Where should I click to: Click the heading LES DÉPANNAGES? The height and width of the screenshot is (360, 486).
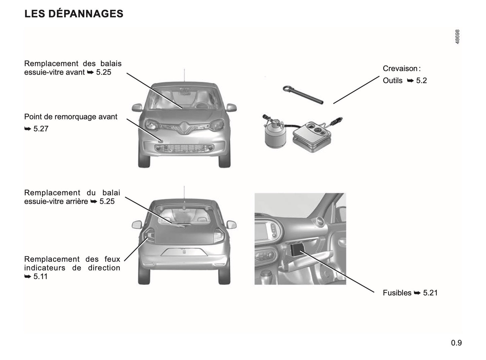[74, 14]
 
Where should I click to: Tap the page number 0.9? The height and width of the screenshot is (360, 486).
[456, 343]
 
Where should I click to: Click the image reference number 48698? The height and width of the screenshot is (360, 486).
[457, 37]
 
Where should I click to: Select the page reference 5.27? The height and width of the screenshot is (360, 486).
[41, 129]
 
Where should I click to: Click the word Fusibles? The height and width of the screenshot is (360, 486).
[397, 293]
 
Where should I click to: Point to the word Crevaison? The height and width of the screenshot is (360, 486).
[400, 69]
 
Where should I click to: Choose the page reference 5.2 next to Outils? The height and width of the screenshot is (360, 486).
[421, 81]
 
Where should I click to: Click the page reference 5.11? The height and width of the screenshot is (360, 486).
[40, 277]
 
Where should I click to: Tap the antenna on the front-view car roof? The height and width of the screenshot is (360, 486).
[184, 76]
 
